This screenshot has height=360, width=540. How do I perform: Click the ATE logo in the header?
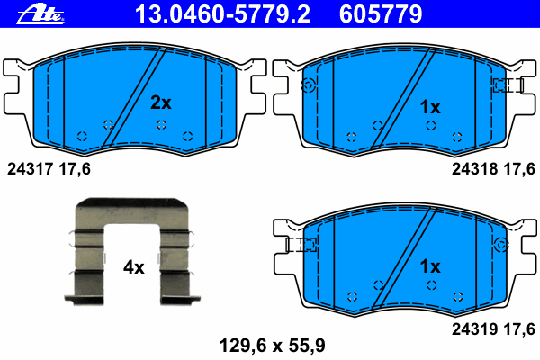[x=40, y=15]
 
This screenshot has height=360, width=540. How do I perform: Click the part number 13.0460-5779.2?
[x=222, y=14]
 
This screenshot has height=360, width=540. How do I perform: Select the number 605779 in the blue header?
[x=381, y=14]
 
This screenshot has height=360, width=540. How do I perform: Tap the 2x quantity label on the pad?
[x=161, y=103]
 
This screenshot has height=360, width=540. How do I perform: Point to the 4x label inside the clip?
[x=134, y=267]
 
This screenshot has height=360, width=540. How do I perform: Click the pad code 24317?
[x=31, y=169]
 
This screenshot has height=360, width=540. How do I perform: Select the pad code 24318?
[x=474, y=169]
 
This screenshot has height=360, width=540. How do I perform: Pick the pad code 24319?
[x=474, y=329]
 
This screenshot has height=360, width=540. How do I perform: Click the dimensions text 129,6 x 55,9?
[x=272, y=346]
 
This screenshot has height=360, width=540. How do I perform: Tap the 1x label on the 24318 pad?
[x=430, y=107]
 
